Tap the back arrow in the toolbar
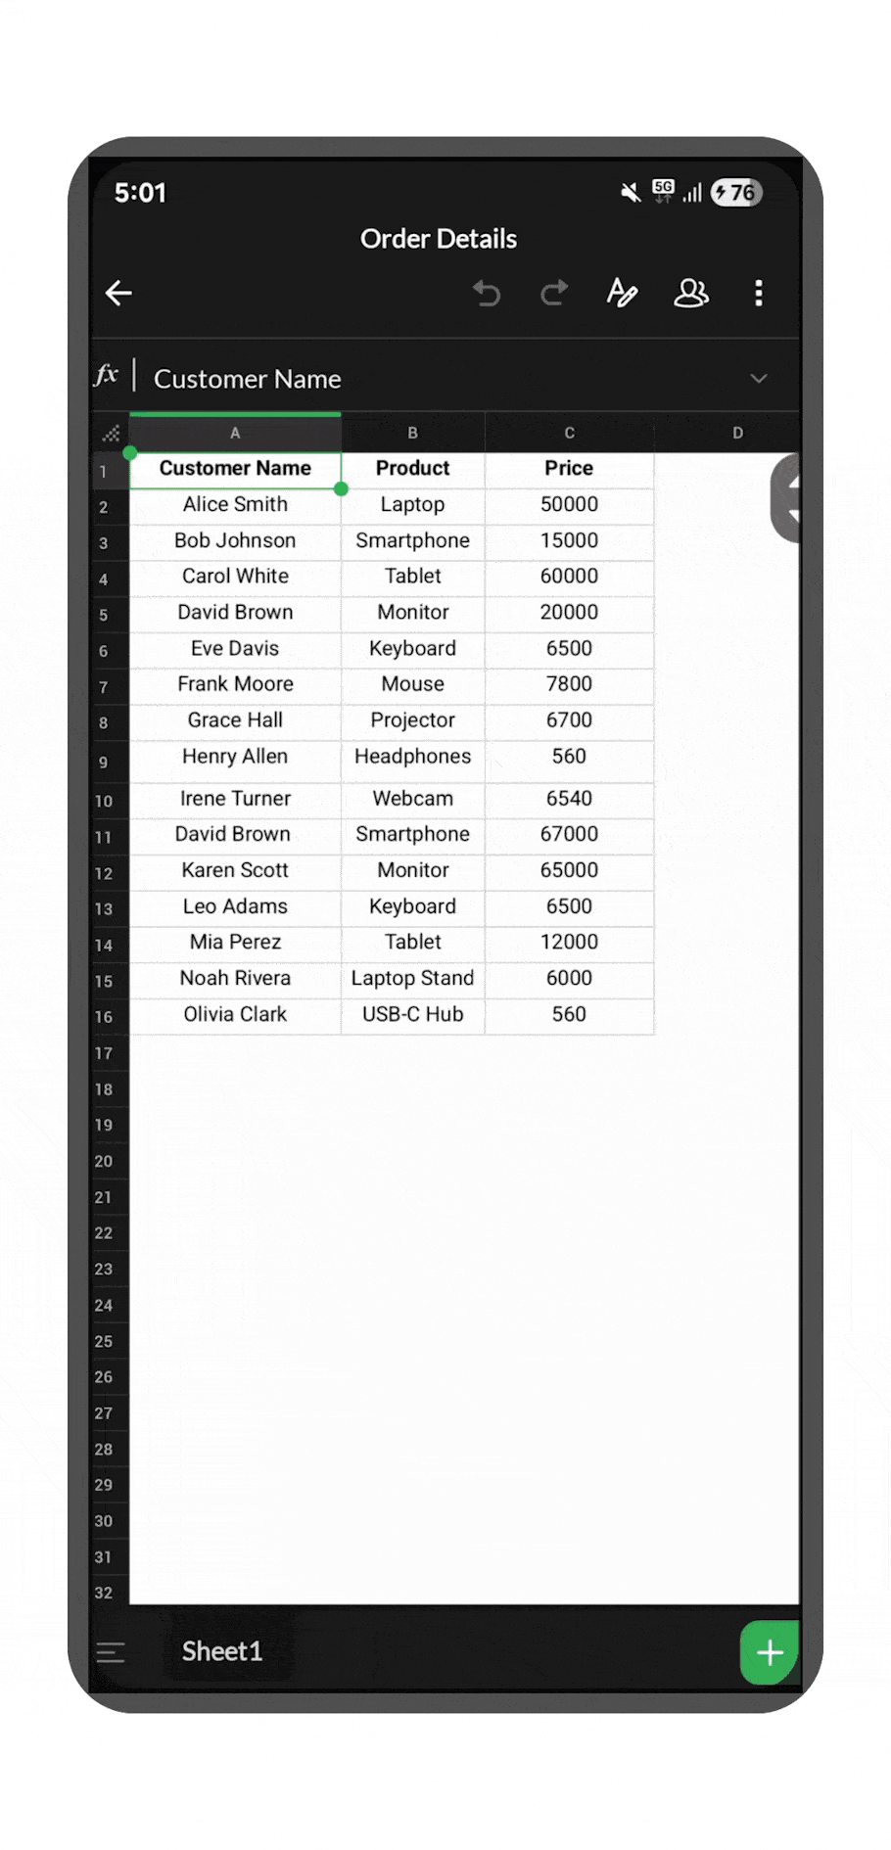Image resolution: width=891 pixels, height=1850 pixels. coord(118,293)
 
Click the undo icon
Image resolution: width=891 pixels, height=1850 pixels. coord(487,293)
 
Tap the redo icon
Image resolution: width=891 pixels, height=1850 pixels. coord(554,293)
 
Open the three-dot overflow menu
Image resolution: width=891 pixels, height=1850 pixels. coord(759,293)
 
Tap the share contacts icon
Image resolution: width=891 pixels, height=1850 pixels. coord(690,293)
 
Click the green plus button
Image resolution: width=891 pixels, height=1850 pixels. coord(770,1652)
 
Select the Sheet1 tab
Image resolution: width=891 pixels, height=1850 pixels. coord(222,1651)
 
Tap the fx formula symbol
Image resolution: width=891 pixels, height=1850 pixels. coord(107,376)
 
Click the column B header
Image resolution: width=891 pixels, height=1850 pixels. coord(412,433)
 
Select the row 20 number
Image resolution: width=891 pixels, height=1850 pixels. coord(104,1161)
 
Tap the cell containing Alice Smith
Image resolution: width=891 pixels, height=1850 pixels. coord(235,504)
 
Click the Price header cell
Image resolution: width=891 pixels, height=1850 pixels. coord(569,468)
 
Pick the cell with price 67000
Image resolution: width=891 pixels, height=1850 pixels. coord(569,834)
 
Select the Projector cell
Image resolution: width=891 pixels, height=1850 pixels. coord(412,720)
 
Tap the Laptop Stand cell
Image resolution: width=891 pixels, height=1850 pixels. coord(412,978)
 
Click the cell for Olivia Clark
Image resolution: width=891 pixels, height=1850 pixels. coord(235,1014)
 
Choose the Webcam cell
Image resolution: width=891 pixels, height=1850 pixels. coord(412,799)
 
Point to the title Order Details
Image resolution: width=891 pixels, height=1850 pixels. coord(438,239)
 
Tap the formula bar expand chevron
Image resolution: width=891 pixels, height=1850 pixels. coord(759,379)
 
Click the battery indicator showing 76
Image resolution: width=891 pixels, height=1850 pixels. coord(736,193)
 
